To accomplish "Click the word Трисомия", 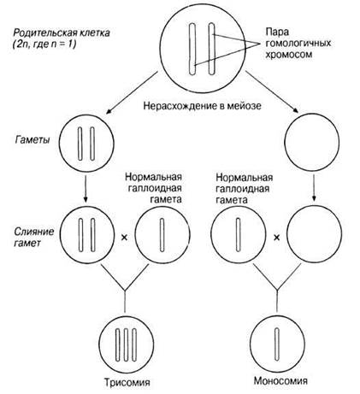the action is (x=127, y=382).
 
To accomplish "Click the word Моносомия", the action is (x=280, y=380).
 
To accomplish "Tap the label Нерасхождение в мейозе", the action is (x=202, y=106).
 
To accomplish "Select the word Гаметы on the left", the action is (x=32, y=140).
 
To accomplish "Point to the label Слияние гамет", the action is (x=34, y=237).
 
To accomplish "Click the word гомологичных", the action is (x=298, y=44).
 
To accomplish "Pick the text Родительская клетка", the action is (x=62, y=32).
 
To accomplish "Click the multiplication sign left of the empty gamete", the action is (x=276, y=237).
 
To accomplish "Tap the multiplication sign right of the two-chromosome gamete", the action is (x=124, y=237).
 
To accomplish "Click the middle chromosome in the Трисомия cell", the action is (x=126, y=344).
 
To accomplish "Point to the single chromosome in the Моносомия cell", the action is (x=276, y=344).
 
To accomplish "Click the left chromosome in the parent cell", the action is (x=192, y=50).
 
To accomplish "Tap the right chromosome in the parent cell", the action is (x=211, y=49).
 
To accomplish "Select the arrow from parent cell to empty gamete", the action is (x=273, y=92).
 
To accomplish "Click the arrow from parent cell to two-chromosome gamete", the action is (x=132, y=93).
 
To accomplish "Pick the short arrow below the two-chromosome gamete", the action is (x=86, y=188).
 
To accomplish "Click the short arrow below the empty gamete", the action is (x=314, y=188).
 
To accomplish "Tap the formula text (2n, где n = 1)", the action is (x=44, y=44).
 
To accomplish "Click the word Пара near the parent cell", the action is (x=277, y=32).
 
